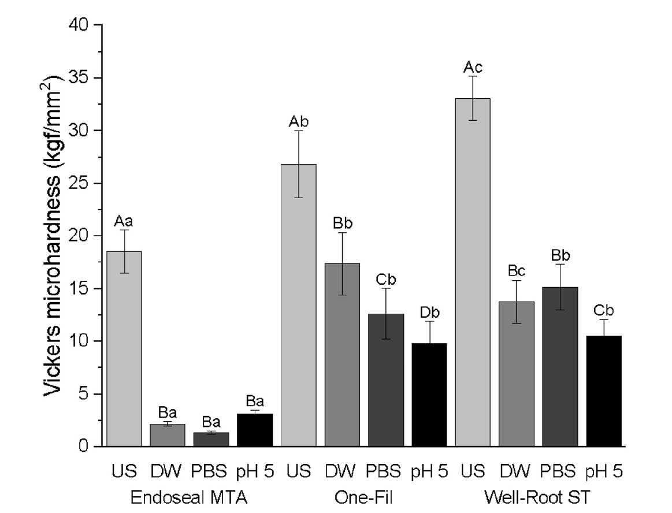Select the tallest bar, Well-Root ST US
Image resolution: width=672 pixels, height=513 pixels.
pyautogui.click(x=473, y=272)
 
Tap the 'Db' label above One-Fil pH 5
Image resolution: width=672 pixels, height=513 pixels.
pyautogui.click(x=429, y=313)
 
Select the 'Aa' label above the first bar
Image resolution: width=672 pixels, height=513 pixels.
pyautogui.click(x=124, y=221)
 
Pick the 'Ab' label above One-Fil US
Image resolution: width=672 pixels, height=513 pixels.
pyautogui.click(x=299, y=122)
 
